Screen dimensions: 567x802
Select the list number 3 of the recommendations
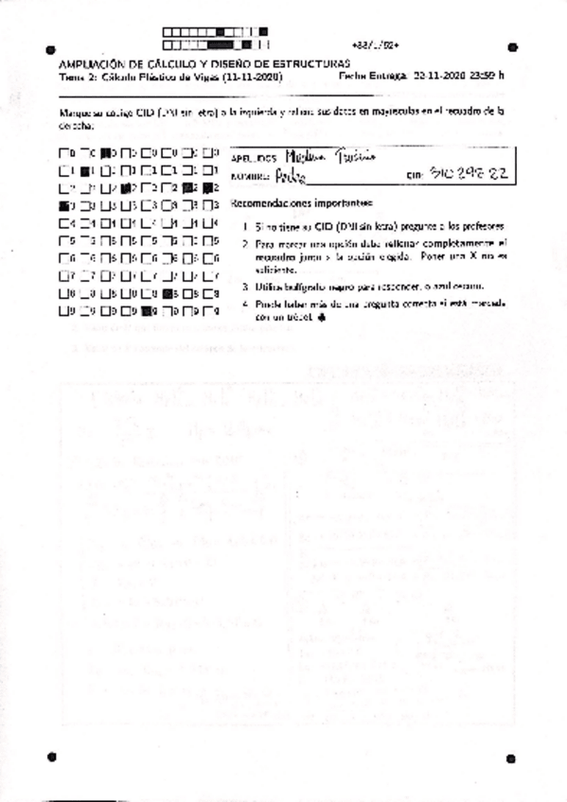pyautogui.click(x=244, y=285)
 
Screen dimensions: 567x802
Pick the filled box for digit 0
pyautogui.click(x=107, y=152)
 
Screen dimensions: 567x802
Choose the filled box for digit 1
pyautogui.click(x=85, y=170)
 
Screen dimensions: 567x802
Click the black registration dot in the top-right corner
pyautogui.click(x=512, y=45)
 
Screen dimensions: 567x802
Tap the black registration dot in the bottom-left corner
pyautogui.click(x=51, y=756)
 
